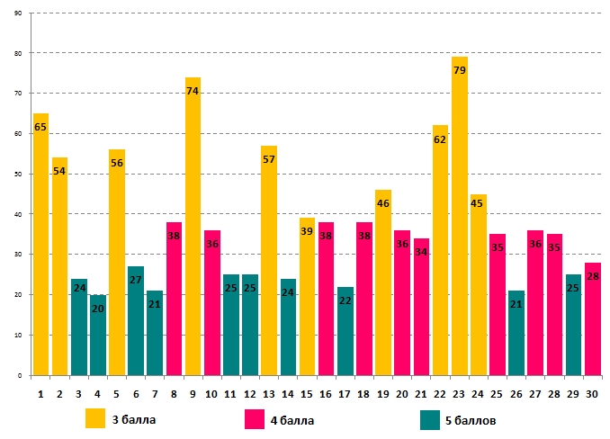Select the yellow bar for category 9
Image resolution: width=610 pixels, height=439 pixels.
coord(193,226)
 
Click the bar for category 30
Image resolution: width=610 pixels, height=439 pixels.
coord(593,318)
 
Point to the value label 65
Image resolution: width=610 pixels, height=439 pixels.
coord(40,128)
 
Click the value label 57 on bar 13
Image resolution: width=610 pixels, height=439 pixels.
coord(269,159)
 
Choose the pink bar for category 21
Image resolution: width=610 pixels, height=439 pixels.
coord(421,307)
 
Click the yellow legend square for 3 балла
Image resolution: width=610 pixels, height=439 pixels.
coord(95,418)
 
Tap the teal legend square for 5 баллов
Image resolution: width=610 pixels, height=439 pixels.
coord(430,419)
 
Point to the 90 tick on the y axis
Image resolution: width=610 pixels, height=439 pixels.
coord(20,13)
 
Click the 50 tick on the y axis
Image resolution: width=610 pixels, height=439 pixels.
coord(20,174)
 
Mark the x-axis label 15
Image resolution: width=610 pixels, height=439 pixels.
coord(308,392)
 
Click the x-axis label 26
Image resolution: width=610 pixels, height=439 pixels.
coord(516,392)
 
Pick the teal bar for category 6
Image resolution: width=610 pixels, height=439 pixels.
coord(136,320)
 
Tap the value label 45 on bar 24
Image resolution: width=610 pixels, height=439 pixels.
coord(479,202)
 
